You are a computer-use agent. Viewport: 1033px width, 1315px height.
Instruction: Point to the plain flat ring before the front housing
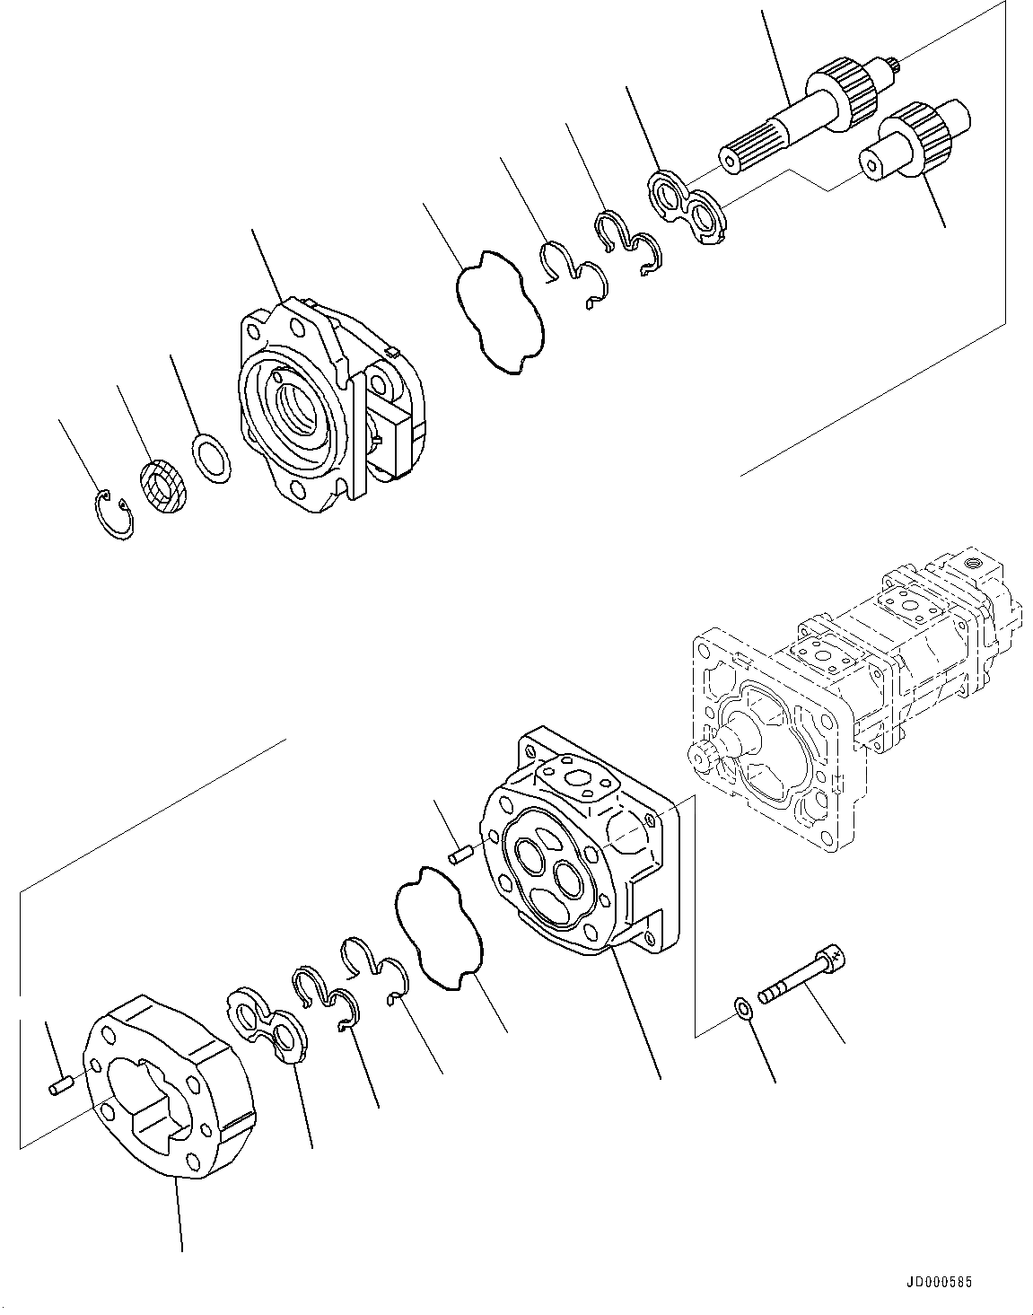click(x=213, y=460)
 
